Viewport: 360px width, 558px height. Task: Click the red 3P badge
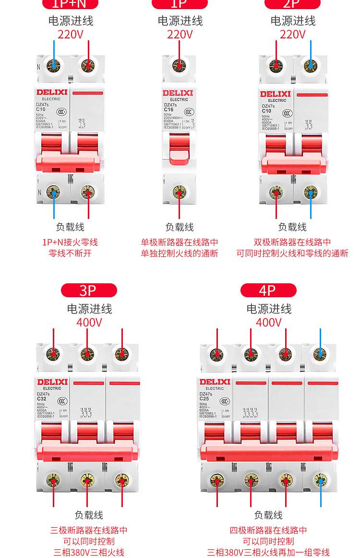(x=89, y=291)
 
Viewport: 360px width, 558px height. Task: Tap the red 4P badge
(x=268, y=291)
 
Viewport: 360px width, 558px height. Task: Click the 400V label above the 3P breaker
(x=89, y=322)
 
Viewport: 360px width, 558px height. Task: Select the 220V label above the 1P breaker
(x=180, y=34)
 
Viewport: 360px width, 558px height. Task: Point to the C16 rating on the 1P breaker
(x=168, y=109)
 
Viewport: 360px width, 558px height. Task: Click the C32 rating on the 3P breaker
(x=42, y=398)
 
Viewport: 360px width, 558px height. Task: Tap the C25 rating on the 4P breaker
(x=204, y=398)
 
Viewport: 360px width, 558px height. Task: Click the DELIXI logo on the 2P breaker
(x=276, y=94)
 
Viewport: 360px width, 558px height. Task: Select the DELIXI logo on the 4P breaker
(x=215, y=382)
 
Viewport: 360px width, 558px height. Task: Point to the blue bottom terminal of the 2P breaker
(x=311, y=193)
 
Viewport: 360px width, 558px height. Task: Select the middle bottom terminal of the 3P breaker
(x=87, y=479)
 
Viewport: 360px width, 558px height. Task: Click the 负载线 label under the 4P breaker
(x=268, y=515)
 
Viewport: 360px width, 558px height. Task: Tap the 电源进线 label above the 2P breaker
(x=293, y=21)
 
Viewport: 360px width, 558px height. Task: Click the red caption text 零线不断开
(x=70, y=254)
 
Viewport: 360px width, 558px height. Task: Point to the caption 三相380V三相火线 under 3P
(x=89, y=552)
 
